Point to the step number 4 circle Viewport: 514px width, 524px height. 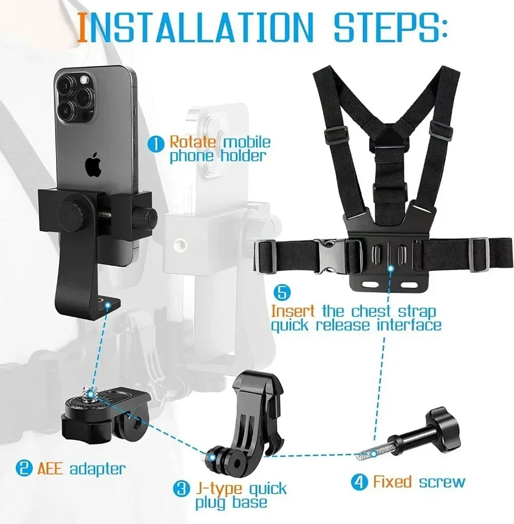click(359, 482)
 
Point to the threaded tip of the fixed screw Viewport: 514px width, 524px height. click(365, 453)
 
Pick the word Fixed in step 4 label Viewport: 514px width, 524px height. click(392, 482)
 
